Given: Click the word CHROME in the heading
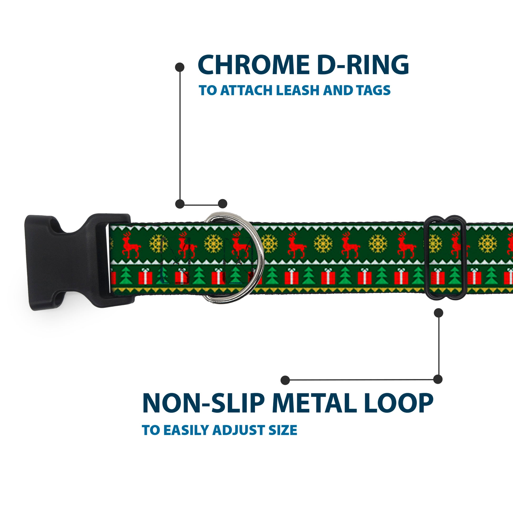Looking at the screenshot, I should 253,65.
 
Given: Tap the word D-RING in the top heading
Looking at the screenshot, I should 363,65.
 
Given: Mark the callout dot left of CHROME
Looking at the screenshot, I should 180,67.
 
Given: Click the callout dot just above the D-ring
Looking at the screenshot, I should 222,204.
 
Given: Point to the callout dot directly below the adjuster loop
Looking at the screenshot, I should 438,313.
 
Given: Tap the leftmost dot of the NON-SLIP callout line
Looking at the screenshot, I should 285,380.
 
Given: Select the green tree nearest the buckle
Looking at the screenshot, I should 125,276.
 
